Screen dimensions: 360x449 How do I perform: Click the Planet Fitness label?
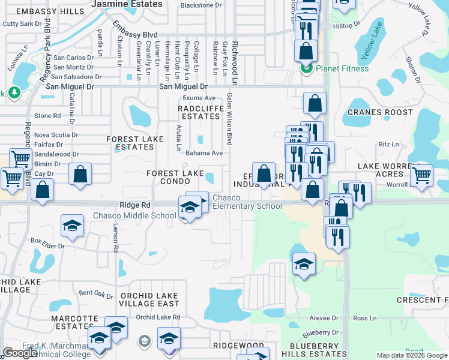340,68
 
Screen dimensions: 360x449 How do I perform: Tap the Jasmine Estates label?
127,4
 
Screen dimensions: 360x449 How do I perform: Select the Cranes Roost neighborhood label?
381,112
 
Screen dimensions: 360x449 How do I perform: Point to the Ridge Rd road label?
133,205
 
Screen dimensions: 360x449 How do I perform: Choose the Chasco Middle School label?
134,216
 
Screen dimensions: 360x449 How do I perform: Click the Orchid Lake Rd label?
158,317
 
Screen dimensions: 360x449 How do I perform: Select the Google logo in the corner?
20,353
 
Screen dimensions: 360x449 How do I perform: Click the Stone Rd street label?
48,115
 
